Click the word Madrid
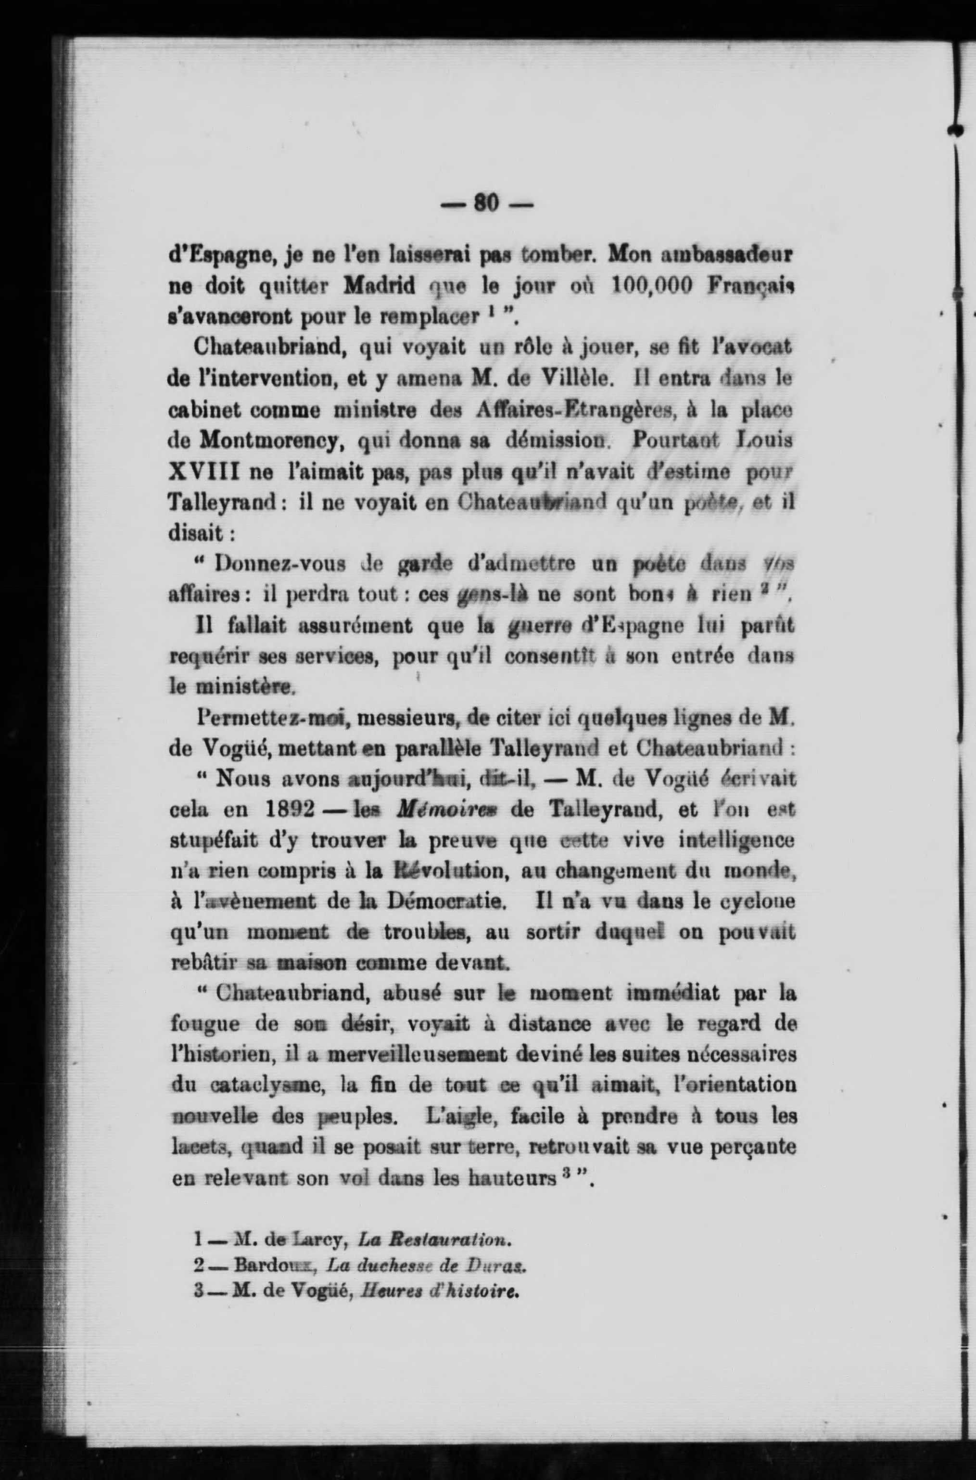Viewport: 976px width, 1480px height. pyautogui.click(x=380, y=287)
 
